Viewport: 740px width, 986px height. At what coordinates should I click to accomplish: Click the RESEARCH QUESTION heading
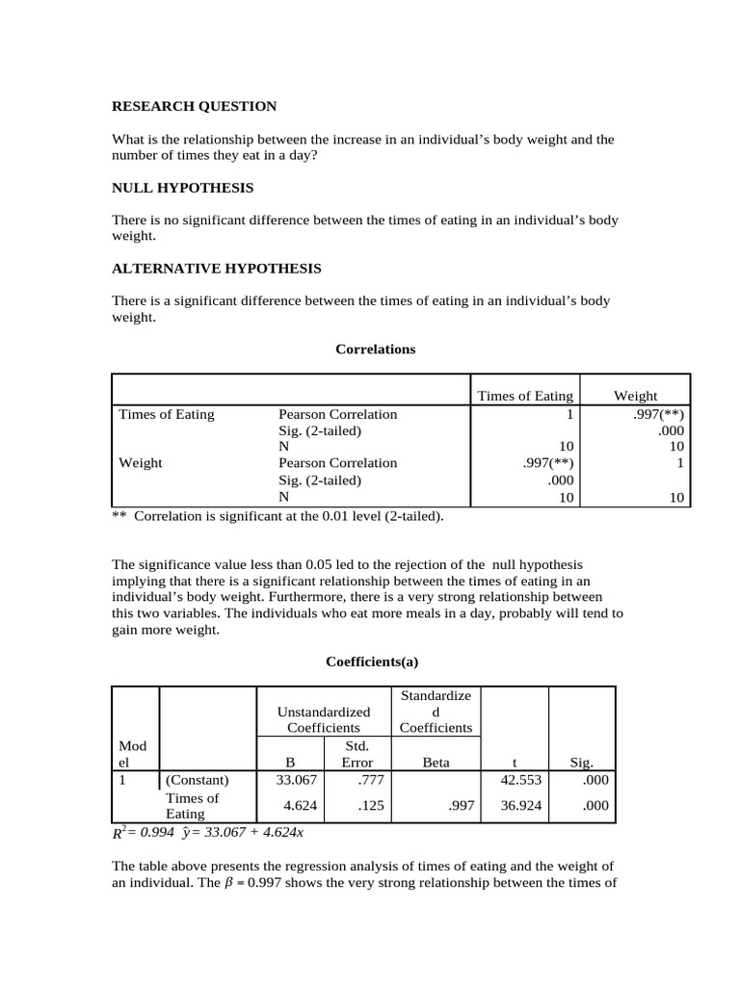point(195,106)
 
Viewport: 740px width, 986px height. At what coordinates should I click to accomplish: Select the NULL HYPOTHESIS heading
point(183,187)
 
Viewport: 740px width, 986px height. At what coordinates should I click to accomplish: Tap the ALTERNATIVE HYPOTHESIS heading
point(217,268)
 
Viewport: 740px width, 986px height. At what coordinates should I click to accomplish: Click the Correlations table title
point(375,349)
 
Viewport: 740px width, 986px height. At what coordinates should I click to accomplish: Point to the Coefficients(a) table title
point(372,662)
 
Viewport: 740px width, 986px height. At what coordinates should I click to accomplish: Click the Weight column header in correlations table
point(635,395)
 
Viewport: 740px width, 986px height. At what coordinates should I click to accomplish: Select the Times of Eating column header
point(525,395)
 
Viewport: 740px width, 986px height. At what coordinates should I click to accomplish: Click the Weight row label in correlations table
point(141,462)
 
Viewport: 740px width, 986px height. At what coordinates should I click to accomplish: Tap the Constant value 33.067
point(298,780)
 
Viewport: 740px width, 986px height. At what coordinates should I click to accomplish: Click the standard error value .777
point(361,780)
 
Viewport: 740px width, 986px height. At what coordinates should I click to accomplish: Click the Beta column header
point(436,762)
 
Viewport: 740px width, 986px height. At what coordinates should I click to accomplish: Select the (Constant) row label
point(198,780)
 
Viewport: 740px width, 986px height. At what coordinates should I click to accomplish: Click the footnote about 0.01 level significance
point(278,516)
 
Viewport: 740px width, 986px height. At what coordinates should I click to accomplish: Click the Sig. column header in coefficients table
point(581,762)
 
